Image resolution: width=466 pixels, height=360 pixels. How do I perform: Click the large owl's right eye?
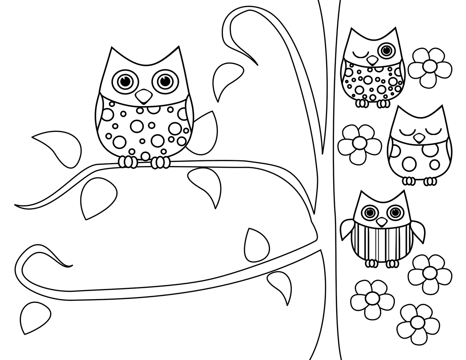point(164,80)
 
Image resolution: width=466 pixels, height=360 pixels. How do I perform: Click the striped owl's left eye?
point(370,212)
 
